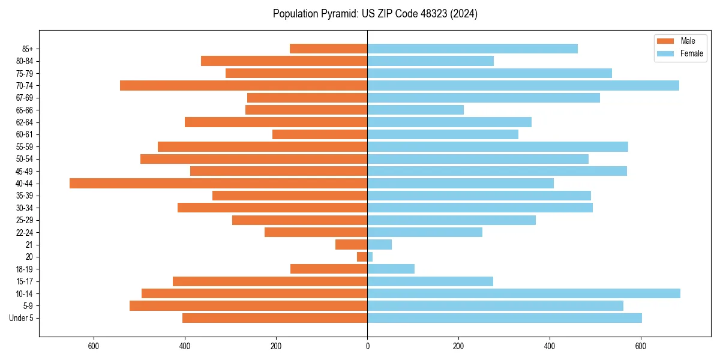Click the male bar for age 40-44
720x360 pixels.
pos(218,183)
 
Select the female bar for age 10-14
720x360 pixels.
pos(524,293)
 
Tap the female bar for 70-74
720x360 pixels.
pos(523,85)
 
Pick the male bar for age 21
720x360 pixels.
pos(352,244)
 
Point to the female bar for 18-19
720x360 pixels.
pos(391,269)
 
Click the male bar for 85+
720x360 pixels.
pos(329,49)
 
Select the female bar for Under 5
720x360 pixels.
pos(505,318)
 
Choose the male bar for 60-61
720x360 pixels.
pos(320,134)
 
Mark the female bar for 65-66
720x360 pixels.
pos(415,110)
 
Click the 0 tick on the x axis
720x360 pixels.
pos(367,346)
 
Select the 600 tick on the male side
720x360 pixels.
pos(94,346)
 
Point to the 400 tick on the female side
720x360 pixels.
pos(550,346)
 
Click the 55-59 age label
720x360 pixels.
pos(25,146)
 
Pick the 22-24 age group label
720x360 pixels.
pos(25,232)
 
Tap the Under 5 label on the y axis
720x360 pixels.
pos(22,318)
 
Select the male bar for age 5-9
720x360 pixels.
pos(248,305)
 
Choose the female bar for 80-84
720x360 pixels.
pos(430,61)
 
